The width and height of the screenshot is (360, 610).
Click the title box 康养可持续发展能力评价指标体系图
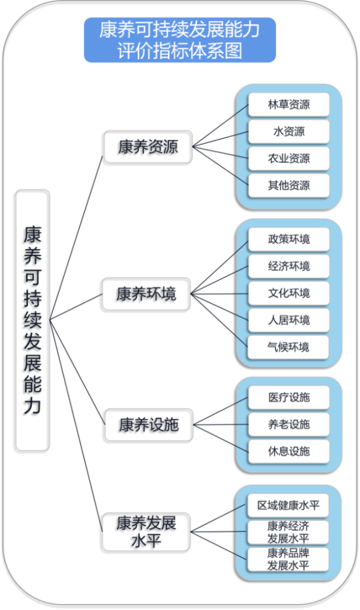click(x=180, y=40)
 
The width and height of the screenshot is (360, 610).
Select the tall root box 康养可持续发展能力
click(x=33, y=320)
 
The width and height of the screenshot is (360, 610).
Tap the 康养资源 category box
click(x=148, y=146)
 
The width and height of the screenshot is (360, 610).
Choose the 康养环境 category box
click(x=146, y=294)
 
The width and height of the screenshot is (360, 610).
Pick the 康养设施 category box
click(x=148, y=425)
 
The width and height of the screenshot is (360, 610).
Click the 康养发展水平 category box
click(x=146, y=531)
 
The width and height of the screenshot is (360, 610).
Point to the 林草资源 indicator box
click(x=289, y=104)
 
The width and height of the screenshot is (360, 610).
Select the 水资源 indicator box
click(x=289, y=131)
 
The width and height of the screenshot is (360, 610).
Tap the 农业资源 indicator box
click(x=289, y=158)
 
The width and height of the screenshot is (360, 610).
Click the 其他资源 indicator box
click(x=289, y=185)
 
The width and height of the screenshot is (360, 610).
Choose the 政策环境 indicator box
click(x=289, y=239)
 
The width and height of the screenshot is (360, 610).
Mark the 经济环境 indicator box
click(x=289, y=266)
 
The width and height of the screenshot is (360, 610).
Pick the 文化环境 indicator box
click(x=289, y=293)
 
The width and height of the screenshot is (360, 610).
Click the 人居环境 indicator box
click(x=289, y=320)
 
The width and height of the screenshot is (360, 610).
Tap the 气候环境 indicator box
click(x=289, y=347)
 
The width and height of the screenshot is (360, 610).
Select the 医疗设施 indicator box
click(x=289, y=397)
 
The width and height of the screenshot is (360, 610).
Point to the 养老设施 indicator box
click(x=289, y=424)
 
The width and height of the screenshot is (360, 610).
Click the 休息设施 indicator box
click(x=289, y=451)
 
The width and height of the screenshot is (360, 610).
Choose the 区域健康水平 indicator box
click(x=289, y=505)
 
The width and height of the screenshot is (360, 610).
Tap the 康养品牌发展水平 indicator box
click(x=289, y=559)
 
